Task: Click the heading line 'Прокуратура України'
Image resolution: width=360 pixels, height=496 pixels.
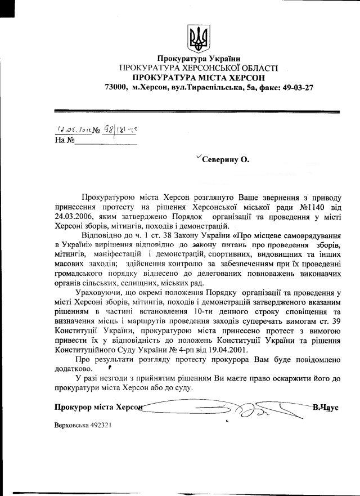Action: tap(199, 58)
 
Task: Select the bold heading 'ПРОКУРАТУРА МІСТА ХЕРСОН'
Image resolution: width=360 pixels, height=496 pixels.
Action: tap(199, 77)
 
